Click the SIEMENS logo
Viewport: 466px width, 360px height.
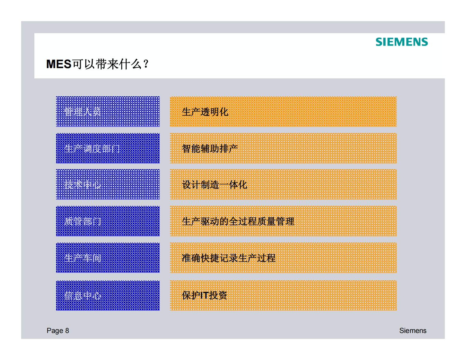tap(401, 42)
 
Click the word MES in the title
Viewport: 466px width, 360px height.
tap(59, 64)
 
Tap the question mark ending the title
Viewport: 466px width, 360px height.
tap(146, 64)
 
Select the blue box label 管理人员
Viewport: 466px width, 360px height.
tap(83, 112)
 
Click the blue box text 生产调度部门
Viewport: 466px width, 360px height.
tap(92, 149)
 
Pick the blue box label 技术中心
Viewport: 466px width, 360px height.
tap(83, 185)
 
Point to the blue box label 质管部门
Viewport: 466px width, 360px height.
tap(83, 221)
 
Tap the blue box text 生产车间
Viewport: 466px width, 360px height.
tap(83, 258)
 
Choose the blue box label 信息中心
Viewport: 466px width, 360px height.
tap(83, 295)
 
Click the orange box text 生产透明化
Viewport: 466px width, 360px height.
tap(205, 112)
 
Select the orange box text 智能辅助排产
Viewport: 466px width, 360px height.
tap(210, 149)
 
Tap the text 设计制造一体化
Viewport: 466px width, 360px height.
tap(214, 185)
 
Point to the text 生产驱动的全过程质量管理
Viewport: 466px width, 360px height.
tap(238, 221)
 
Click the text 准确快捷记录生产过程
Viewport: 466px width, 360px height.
tap(228, 258)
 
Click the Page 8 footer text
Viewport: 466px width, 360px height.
tap(58, 331)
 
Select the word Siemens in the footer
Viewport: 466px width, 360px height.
tap(413, 331)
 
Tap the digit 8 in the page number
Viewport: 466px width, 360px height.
tap(67, 331)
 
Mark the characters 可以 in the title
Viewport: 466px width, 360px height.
tap(84, 64)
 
